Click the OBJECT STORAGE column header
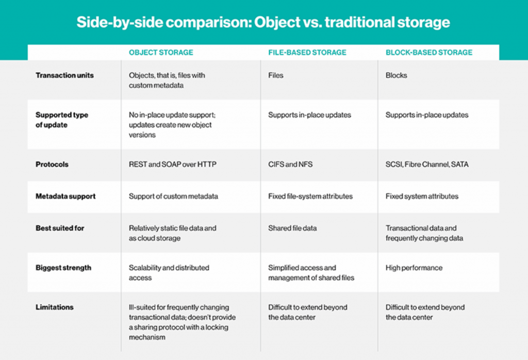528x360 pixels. (x=161, y=52)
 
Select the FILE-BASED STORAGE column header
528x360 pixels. (x=307, y=52)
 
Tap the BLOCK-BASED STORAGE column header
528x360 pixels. (x=429, y=52)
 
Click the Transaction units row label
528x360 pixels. (x=64, y=75)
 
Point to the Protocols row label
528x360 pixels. (x=52, y=165)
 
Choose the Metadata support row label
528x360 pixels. (x=65, y=196)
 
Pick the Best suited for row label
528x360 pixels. (x=60, y=228)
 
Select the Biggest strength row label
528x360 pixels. (x=63, y=268)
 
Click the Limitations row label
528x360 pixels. (x=55, y=307)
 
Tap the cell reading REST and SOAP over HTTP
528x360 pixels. (x=173, y=165)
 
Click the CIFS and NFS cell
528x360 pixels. (x=290, y=165)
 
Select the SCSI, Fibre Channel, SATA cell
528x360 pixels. (x=427, y=165)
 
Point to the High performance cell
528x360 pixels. (x=414, y=268)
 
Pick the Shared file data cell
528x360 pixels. (x=292, y=228)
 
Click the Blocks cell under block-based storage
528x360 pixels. (x=396, y=75)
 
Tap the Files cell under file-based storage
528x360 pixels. (x=276, y=75)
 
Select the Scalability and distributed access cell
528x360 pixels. (x=169, y=272)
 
